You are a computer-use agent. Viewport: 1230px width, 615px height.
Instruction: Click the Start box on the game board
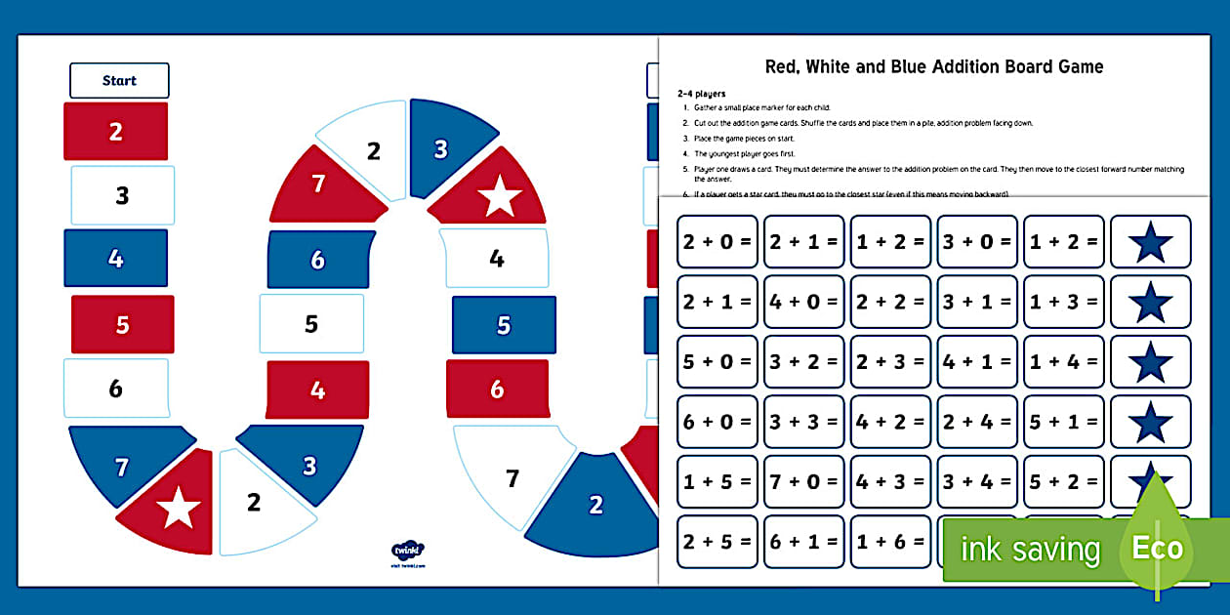click(119, 80)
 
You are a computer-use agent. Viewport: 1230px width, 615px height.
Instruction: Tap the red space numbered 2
click(115, 132)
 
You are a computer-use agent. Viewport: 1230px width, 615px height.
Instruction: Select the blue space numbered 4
click(115, 259)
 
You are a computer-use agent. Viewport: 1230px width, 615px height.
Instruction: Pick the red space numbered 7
click(317, 183)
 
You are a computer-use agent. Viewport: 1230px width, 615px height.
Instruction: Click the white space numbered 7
click(512, 478)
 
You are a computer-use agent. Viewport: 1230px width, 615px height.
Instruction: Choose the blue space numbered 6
click(318, 260)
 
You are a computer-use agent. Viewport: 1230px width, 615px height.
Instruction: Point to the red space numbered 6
click(497, 389)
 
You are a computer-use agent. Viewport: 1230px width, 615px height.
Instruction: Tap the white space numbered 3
click(122, 195)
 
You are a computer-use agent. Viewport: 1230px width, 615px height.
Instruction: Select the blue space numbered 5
click(504, 324)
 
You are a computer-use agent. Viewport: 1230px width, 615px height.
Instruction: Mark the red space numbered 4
click(317, 389)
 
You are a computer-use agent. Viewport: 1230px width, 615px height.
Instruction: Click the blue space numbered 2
click(595, 505)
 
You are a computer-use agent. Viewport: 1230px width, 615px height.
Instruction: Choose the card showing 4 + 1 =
click(977, 362)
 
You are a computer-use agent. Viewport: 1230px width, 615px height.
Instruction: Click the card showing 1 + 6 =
click(890, 542)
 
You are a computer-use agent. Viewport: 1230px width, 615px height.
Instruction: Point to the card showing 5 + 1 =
click(1063, 422)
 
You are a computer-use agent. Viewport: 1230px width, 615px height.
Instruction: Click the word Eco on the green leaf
click(1158, 548)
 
